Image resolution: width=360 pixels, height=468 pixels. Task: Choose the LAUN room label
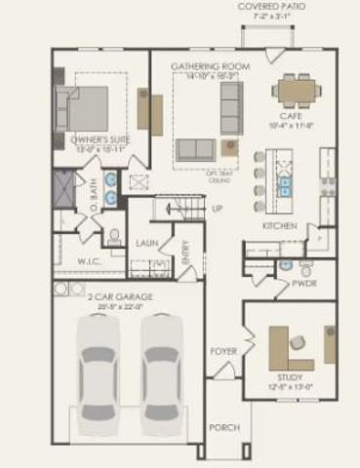[147, 243]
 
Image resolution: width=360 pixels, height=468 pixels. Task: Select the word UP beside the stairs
[218, 209]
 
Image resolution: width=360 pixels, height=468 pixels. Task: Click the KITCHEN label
[280, 226]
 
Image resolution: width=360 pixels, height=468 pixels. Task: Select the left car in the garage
[98, 371]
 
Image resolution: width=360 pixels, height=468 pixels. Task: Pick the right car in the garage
[160, 371]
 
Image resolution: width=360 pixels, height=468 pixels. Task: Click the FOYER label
[224, 350]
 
